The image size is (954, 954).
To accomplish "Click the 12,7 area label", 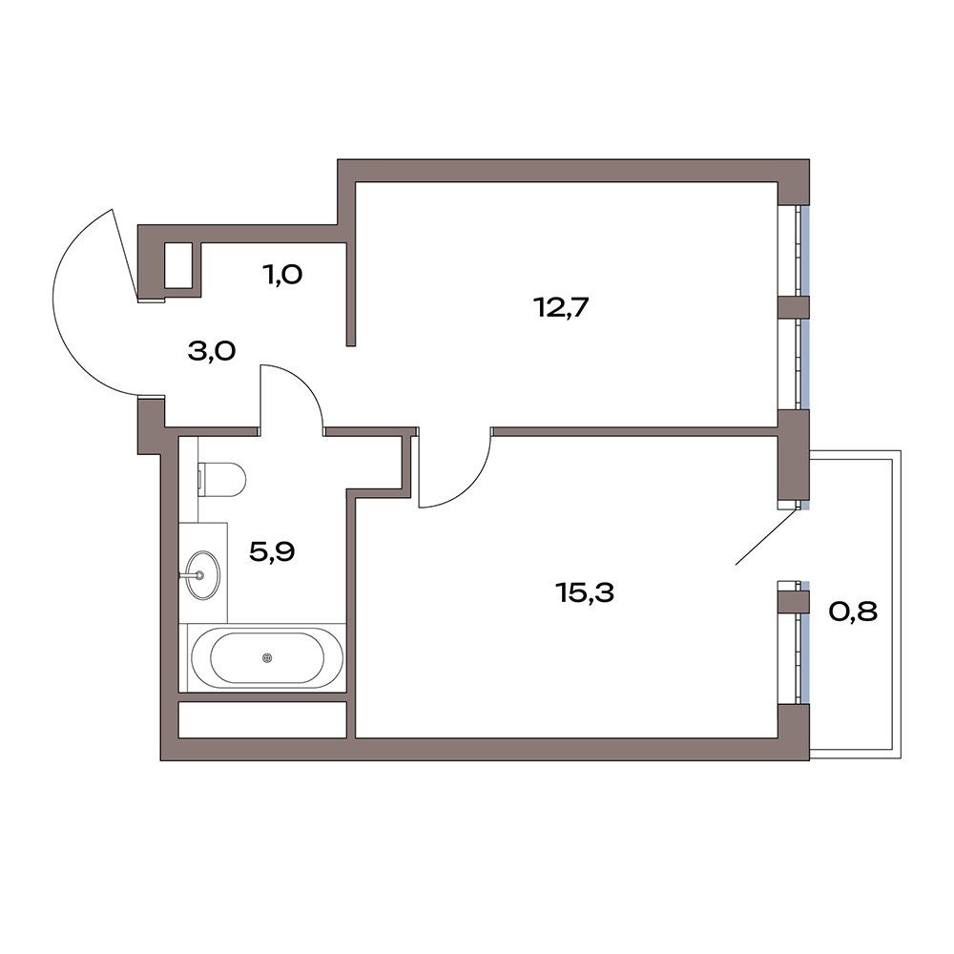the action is [x=561, y=308].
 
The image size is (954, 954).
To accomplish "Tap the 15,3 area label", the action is [x=585, y=592].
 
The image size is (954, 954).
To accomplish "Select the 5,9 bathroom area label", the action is [x=272, y=551].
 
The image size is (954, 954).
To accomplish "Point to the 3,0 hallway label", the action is [x=212, y=351].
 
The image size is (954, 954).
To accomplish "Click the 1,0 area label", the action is [x=282, y=275].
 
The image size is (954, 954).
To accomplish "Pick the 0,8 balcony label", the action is [x=853, y=611].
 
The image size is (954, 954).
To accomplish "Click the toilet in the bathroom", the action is [x=221, y=478].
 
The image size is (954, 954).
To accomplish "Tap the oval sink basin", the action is [x=201, y=574].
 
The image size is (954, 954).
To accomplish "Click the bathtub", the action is [x=267, y=657].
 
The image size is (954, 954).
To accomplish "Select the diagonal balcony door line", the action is [x=767, y=535].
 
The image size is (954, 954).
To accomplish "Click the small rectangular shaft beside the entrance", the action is [x=179, y=265].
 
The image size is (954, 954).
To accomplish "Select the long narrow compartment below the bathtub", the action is [x=262, y=719].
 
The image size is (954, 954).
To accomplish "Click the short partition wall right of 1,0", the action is [x=350, y=294].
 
